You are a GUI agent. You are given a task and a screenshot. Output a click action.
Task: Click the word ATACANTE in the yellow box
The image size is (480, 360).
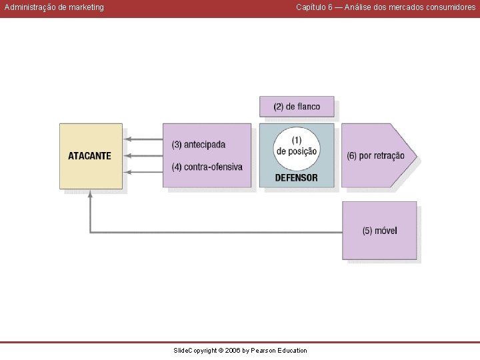pyautogui.click(x=89, y=156)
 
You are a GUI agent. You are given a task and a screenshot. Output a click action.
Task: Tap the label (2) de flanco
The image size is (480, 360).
pyautogui.click(x=297, y=107)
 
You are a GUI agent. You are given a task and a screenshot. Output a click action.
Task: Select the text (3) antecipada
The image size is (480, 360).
pyautogui.click(x=199, y=145)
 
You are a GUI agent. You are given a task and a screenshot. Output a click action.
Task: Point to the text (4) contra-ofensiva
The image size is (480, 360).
pyautogui.click(x=207, y=167)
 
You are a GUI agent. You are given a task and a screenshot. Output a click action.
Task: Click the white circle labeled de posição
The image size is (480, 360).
pyautogui.click(x=297, y=149)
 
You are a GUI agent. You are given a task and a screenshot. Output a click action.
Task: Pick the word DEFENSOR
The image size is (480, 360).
pyautogui.click(x=296, y=178)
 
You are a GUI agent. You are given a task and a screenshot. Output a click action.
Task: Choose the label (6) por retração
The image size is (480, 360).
pyautogui.click(x=375, y=156)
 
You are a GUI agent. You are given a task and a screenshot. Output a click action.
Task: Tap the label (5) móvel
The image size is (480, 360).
pyautogui.click(x=379, y=231)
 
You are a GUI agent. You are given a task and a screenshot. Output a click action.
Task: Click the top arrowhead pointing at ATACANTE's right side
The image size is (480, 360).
pyautogui.click(x=127, y=139)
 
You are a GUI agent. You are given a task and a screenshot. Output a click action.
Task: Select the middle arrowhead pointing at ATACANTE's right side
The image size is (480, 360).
pyautogui.click(x=127, y=156)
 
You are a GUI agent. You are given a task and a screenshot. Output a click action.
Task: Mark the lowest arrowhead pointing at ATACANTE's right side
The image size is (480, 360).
pyautogui.click(x=127, y=173)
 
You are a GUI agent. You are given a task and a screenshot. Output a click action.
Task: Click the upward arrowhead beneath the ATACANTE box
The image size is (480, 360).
pyautogui.click(x=90, y=194)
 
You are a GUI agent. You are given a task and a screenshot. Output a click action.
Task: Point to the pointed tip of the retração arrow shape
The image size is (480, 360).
pyautogui.click(x=417, y=156)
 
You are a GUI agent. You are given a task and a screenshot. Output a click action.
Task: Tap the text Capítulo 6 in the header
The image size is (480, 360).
pyautogui.click(x=314, y=7)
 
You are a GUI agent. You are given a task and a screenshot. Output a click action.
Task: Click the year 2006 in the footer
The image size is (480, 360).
pyautogui.click(x=233, y=351)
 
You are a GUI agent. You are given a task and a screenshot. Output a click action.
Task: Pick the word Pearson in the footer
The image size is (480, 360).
pyautogui.click(x=263, y=351)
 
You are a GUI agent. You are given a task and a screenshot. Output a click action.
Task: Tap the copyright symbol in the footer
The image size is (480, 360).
pyautogui.click(x=221, y=351)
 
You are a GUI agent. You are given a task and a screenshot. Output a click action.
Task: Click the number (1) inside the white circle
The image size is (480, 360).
pyautogui.click(x=297, y=141)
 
